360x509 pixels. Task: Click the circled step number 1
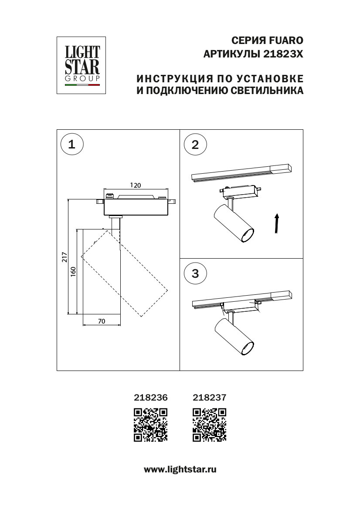[72, 145]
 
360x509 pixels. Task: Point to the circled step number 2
[195, 145]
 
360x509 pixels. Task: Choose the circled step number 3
[195, 273]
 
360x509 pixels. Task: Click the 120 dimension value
[136, 185]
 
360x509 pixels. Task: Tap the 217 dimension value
[64, 257]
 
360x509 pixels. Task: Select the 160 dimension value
[73, 271]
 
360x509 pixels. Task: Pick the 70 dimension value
[101, 321]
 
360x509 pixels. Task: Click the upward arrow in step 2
[276, 223]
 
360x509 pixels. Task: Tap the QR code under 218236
[150, 425]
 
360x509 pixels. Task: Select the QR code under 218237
[210, 425]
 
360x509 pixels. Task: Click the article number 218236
[149, 397]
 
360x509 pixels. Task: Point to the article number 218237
[209, 397]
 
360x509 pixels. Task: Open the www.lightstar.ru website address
[180, 469]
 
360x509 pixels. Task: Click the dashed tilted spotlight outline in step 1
[125, 273]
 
